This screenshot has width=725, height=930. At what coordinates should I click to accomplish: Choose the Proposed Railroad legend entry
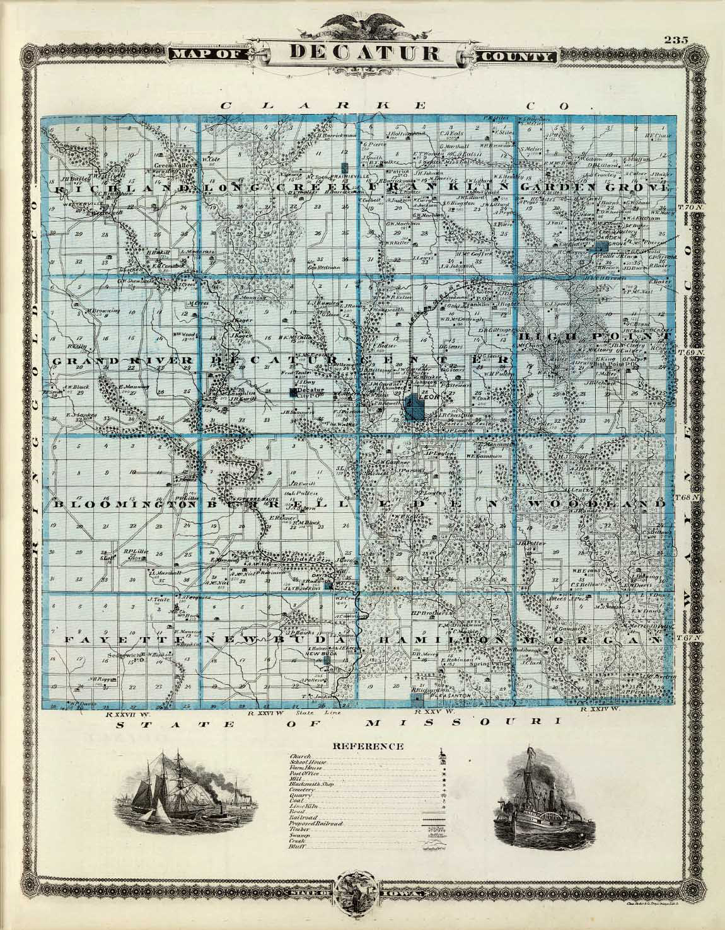click(315, 824)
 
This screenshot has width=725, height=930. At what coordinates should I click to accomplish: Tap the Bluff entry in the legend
click(296, 846)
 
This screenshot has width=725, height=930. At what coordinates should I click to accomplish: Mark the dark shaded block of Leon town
click(415, 407)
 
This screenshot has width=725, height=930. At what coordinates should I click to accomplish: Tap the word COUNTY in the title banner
click(518, 57)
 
